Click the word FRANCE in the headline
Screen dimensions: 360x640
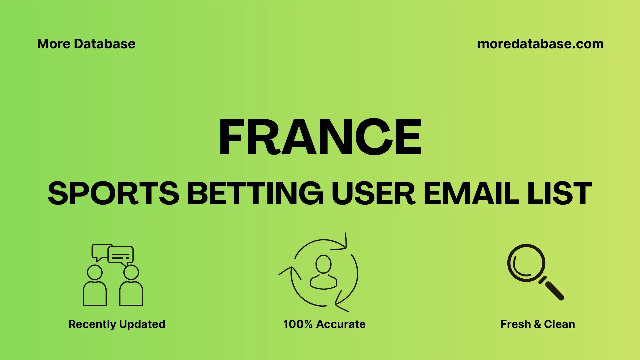(320, 137)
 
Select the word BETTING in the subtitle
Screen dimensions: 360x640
(255, 193)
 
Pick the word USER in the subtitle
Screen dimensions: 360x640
(373, 193)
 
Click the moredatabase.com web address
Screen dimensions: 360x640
(540, 44)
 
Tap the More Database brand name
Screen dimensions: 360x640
(86, 44)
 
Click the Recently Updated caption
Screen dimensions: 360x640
(117, 324)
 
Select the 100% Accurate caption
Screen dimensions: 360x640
(324, 324)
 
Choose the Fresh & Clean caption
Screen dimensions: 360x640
(538, 324)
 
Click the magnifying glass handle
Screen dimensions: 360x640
(554, 290)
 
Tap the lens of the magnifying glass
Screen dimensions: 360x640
(526, 263)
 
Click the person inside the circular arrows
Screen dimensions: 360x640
(323, 272)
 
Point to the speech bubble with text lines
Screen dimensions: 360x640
(121, 255)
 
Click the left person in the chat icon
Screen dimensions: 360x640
(95, 287)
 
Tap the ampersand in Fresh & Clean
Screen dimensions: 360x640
(537, 324)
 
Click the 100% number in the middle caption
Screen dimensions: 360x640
(298, 324)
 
